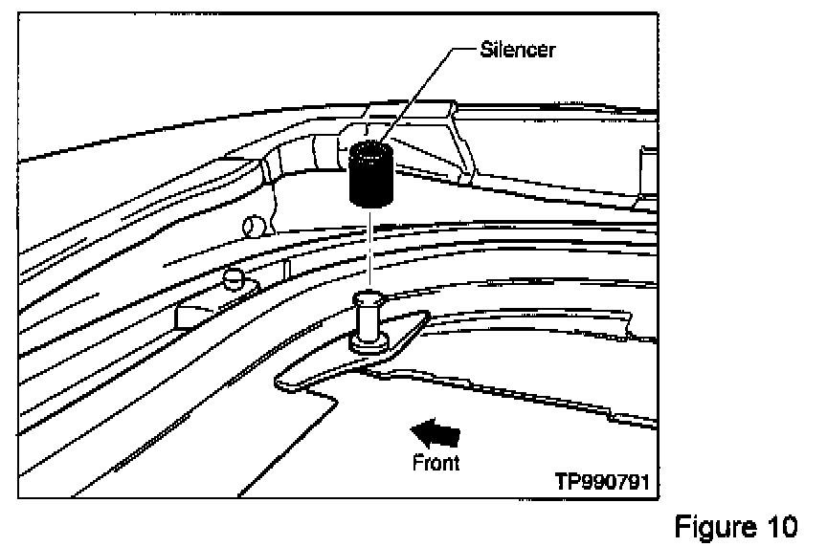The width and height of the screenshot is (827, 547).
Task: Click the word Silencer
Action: click(518, 49)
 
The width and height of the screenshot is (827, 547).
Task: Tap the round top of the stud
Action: click(368, 298)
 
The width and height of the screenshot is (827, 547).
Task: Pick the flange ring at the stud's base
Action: click(368, 342)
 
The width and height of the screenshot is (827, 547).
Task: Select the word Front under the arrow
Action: click(436, 463)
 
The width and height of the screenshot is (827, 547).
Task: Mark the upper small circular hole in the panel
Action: click(253, 226)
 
